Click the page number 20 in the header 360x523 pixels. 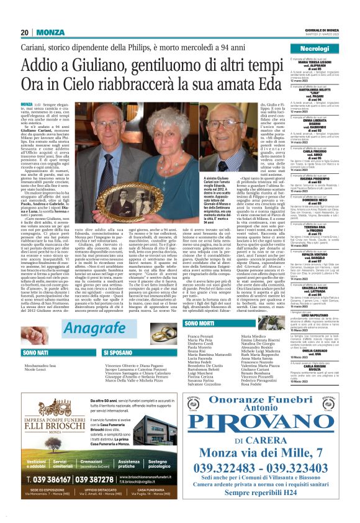click(x=25, y=32)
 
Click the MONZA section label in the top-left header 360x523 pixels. click(x=49, y=32)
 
